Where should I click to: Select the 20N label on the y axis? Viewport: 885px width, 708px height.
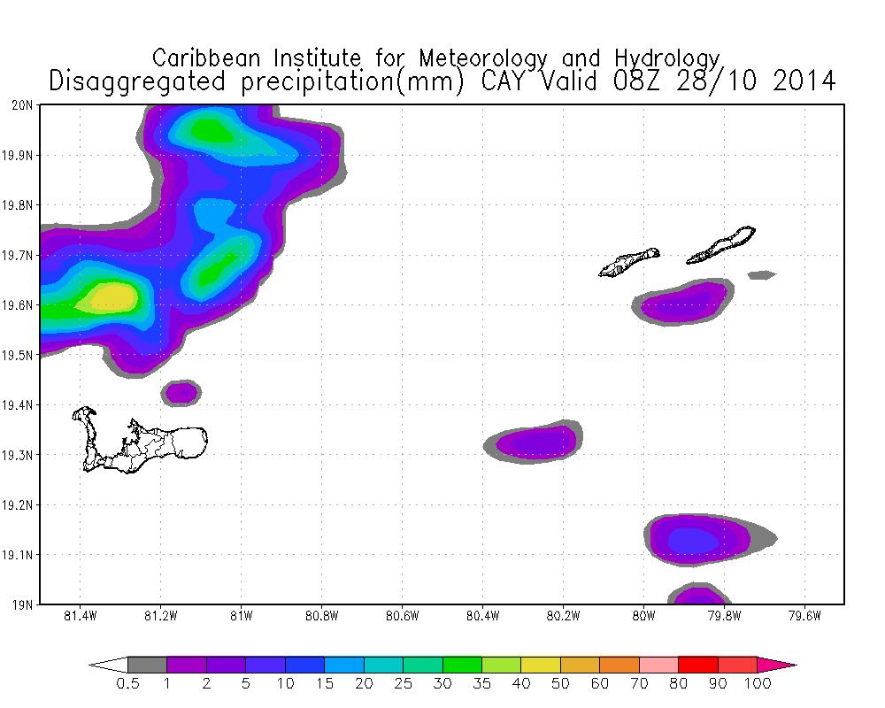point(23,104)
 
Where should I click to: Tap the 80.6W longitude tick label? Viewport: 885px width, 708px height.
point(402,616)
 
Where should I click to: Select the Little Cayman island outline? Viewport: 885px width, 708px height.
point(629,262)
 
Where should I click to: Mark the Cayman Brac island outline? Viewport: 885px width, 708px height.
point(722,245)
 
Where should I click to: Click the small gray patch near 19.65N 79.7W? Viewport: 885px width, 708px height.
point(761,275)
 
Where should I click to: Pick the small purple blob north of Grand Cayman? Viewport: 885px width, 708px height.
point(181,390)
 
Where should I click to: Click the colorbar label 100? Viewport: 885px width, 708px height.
point(758,683)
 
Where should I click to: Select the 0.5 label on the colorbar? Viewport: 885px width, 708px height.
point(127,683)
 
